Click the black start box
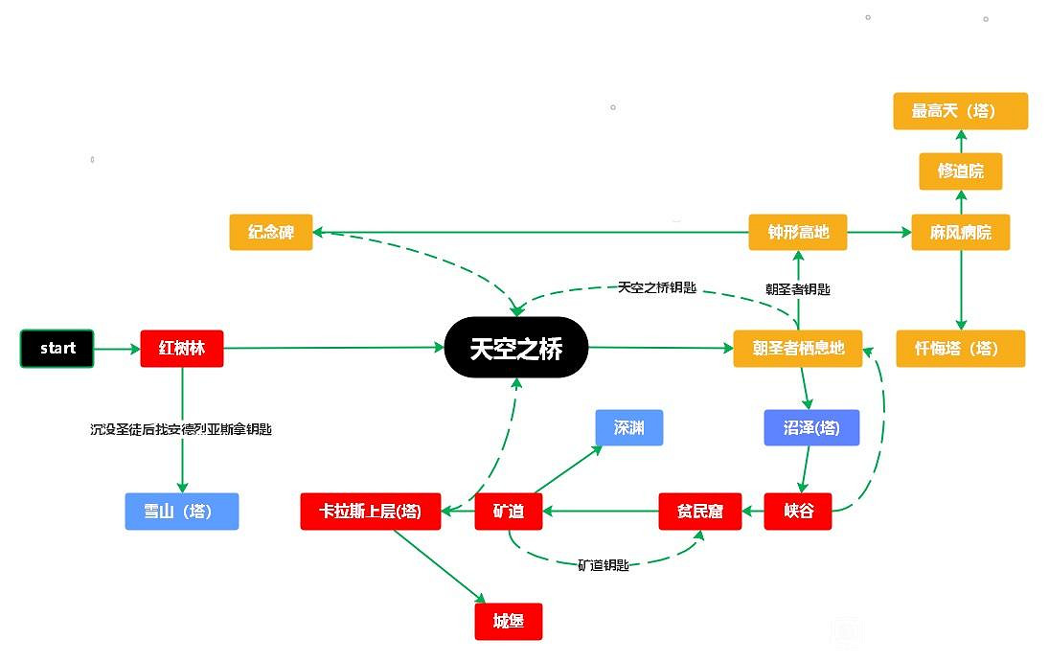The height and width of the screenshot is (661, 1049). tap(57, 349)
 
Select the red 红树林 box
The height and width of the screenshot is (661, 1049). tap(182, 349)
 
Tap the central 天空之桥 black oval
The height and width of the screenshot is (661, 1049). tap(515, 348)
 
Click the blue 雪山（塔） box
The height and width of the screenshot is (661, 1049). tap(181, 512)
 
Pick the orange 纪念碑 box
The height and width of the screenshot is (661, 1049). tap(271, 233)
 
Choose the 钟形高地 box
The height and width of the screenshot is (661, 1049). tap(798, 233)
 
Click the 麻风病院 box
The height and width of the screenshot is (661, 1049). tap(961, 233)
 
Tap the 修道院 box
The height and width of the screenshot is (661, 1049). tap(960, 171)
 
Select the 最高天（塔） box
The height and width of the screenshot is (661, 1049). tap(960, 111)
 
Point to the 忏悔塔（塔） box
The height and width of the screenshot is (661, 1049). tap(960, 349)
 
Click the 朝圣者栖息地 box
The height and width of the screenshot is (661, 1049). tap(797, 349)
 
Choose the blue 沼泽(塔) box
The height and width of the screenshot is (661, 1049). tap(811, 428)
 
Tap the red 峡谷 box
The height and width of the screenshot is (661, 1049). tap(797, 512)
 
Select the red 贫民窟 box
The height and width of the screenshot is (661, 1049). tap(701, 512)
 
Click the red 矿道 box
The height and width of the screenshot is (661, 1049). tap(508, 512)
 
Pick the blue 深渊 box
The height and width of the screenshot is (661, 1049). tap(628, 428)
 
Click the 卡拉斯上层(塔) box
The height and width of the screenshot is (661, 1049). tap(370, 512)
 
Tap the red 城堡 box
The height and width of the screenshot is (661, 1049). tap(508, 622)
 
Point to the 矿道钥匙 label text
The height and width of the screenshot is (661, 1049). tap(603, 565)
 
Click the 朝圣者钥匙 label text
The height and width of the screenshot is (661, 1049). tap(797, 288)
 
